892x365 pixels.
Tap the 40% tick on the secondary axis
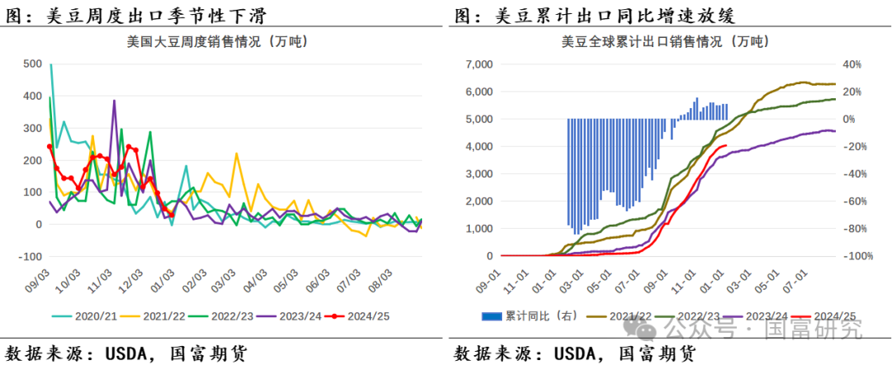[x=852, y=64]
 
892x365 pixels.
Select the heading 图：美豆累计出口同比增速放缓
[x=594, y=15]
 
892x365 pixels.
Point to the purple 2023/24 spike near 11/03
[x=113, y=101]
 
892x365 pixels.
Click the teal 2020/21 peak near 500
[x=51, y=64]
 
